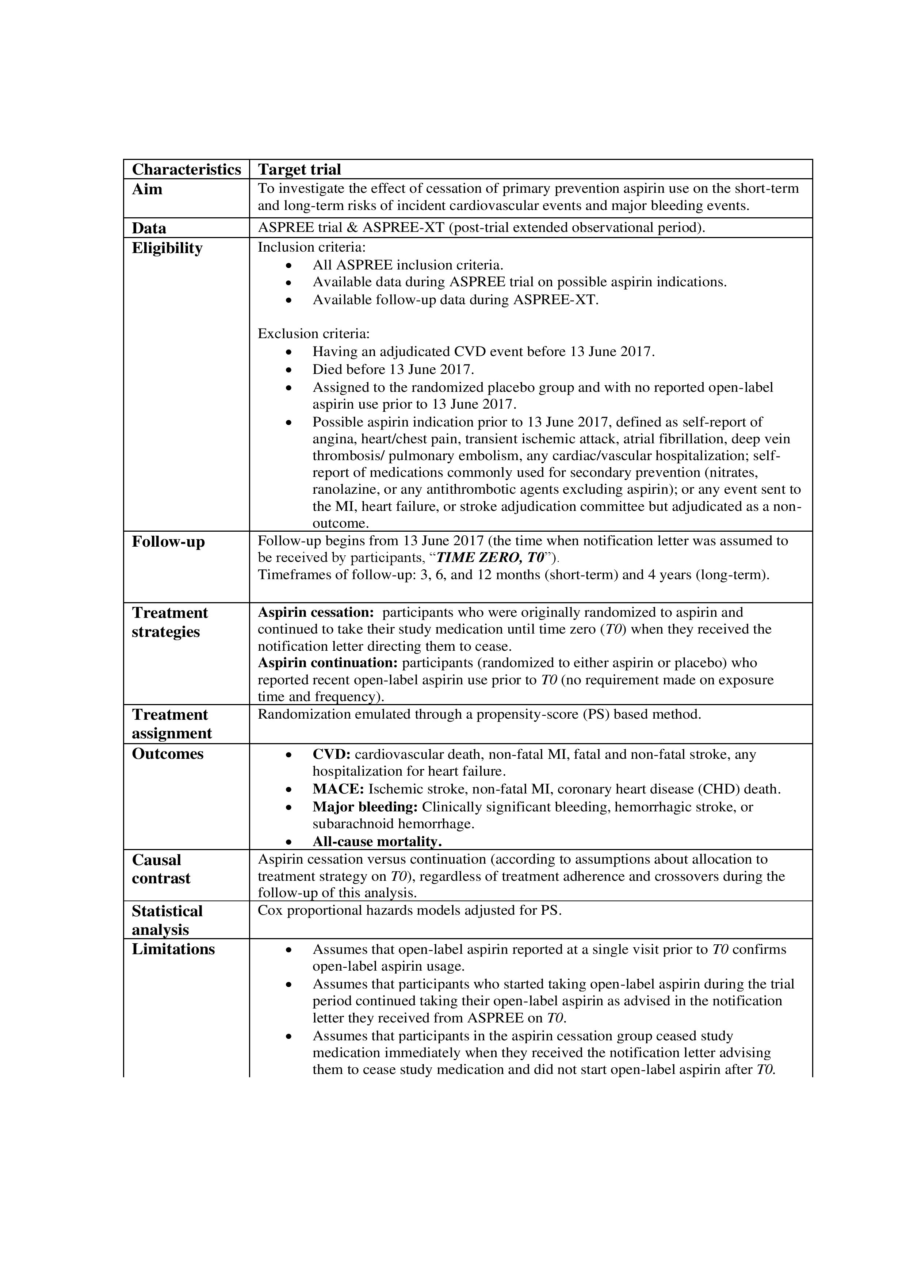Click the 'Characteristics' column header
coord(186,169)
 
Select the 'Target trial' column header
coord(299,169)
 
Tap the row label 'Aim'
coord(147,189)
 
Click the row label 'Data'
coord(149,228)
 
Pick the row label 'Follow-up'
coord(168,542)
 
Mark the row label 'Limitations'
coord(173,949)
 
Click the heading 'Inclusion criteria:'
coord(311,247)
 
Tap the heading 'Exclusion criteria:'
coord(313,334)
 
